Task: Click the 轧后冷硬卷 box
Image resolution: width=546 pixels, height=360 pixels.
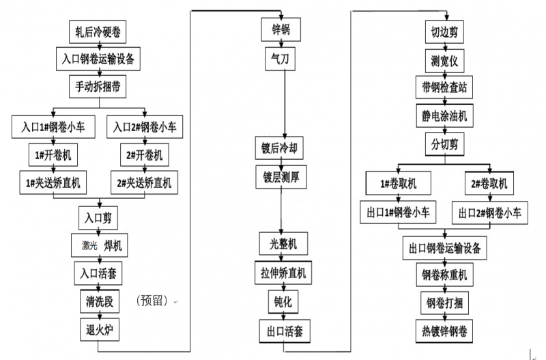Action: pyautogui.click(x=99, y=31)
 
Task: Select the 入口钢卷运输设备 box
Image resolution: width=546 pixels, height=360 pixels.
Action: pyautogui.click(x=99, y=59)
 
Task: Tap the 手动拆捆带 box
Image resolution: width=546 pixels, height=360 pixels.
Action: pyautogui.click(x=99, y=87)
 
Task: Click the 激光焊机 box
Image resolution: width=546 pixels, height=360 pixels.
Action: pyautogui.click(x=100, y=245)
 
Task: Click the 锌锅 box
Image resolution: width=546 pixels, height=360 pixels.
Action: pyautogui.click(x=282, y=31)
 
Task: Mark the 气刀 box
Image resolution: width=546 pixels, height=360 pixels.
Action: pyautogui.click(x=282, y=59)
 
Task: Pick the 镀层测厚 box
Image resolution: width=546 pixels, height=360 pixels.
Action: pyautogui.click(x=282, y=176)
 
